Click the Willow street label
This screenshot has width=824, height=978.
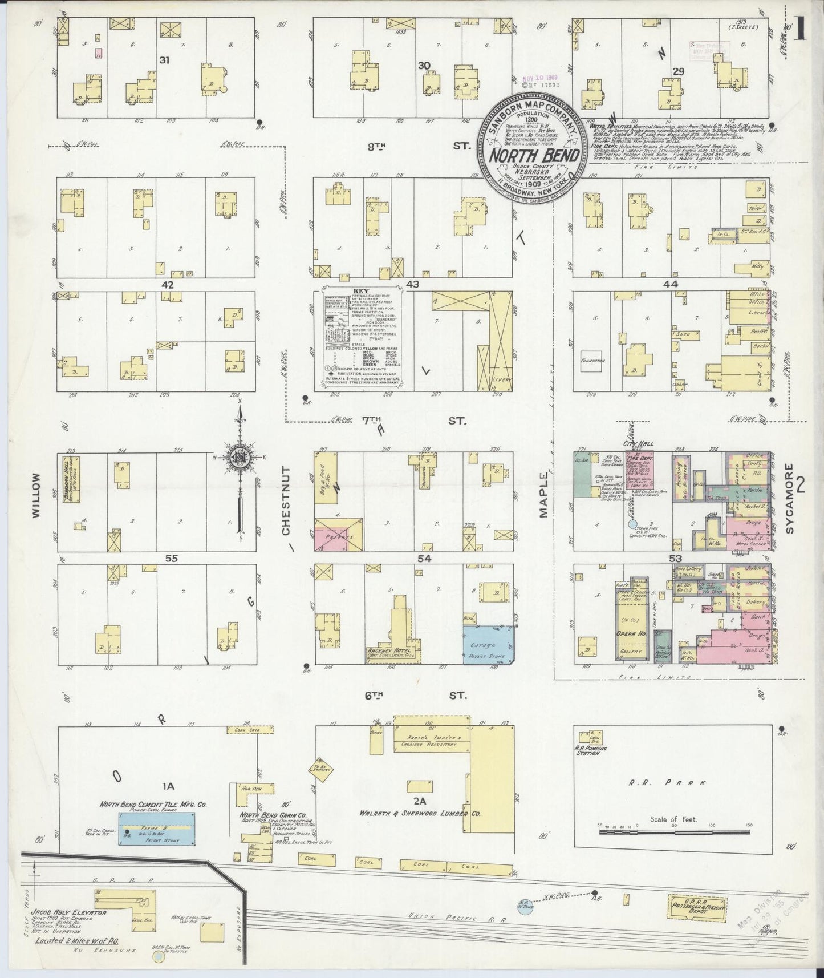36,496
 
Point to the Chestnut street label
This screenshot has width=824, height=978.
287,502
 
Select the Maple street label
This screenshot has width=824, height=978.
543,496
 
